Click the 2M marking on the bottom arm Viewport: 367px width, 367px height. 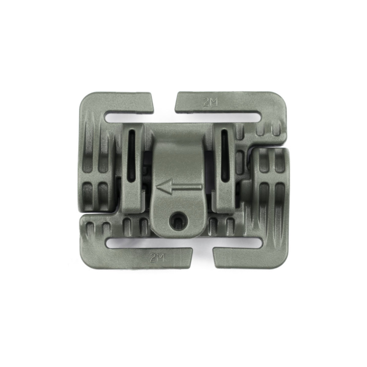coord(157,258)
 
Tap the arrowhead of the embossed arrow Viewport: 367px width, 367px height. coord(165,187)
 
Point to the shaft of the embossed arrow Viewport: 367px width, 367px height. coord(187,187)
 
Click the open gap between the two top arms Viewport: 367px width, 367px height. coord(164,101)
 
